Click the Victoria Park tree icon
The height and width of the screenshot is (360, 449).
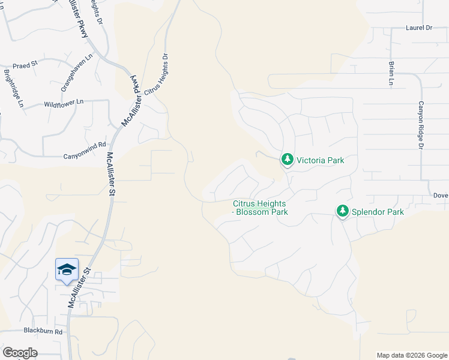(288, 160)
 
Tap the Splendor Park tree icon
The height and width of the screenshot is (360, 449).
(343, 211)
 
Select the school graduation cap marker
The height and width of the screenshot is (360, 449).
(67, 268)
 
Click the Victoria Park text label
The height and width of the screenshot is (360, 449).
(321, 160)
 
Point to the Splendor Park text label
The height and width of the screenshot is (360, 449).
(378, 212)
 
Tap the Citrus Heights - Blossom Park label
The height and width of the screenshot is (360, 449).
(261, 208)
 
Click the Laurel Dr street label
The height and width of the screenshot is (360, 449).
(419, 28)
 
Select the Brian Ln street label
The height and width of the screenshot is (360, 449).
(391, 74)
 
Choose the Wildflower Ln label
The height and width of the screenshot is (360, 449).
(63, 104)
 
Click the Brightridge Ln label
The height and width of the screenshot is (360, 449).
(14, 89)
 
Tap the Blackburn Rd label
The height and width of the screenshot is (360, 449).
(43, 331)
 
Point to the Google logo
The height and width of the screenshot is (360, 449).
(19, 353)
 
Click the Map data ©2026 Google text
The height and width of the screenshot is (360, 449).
(411, 355)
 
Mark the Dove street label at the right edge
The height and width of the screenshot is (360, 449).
(441, 196)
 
